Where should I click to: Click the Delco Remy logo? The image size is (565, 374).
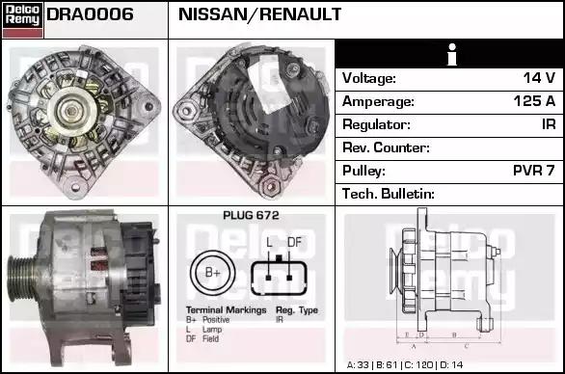click(23, 20)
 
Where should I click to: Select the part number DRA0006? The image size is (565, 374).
click(90, 14)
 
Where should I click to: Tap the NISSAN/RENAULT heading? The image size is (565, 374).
click(259, 14)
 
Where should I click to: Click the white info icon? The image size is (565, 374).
click(452, 54)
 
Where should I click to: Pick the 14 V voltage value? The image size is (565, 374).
click(539, 78)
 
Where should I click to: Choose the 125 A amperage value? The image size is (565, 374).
click(534, 101)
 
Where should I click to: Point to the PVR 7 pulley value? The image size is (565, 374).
click(533, 171)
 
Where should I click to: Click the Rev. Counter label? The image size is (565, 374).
click(386, 147)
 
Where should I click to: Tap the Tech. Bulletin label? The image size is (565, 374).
click(389, 194)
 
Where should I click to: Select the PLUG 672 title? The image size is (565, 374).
click(251, 216)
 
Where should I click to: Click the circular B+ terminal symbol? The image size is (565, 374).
click(212, 273)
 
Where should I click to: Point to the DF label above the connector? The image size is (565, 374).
click(294, 242)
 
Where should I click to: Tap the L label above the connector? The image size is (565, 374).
click(269, 242)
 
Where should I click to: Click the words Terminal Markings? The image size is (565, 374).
click(226, 310)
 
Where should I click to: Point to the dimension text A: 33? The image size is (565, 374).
click(358, 365)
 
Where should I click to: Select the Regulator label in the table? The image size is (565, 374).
click(376, 124)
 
